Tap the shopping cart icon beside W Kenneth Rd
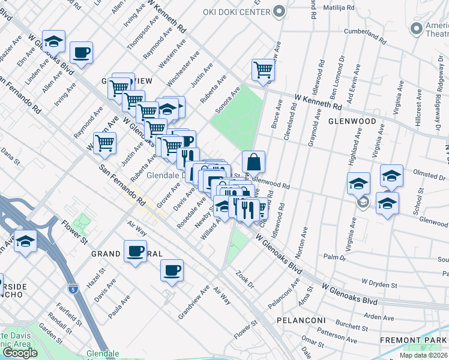[263, 71]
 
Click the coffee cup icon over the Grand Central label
[135, 250]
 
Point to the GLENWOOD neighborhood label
[352, 121]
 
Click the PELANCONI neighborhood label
[301, 320]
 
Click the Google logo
[19, 353]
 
